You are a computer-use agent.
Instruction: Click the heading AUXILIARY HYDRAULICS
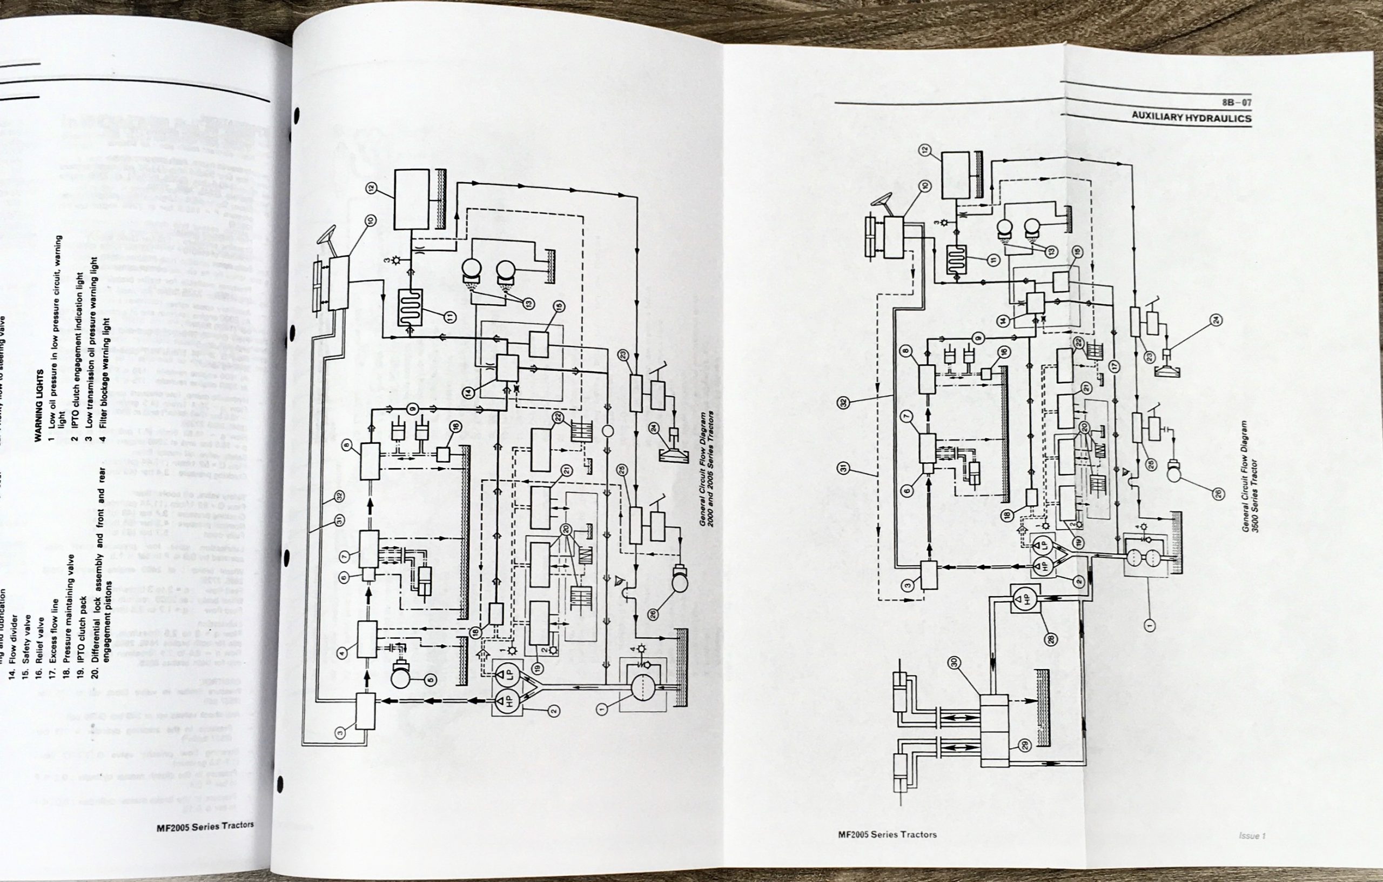[x=1191, y=117]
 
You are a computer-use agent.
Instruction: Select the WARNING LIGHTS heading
[x=39, y=405]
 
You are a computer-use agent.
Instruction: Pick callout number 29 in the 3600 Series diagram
[x=1025, y=745]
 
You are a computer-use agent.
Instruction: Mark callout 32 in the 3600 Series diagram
[x=843, y=403]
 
